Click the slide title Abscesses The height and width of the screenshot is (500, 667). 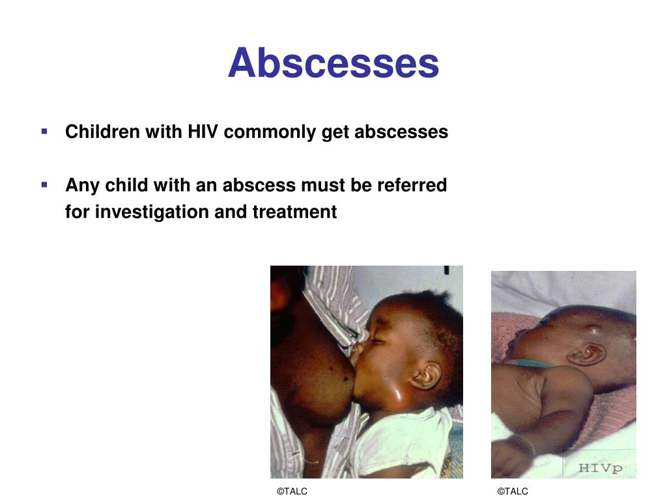[x=333, y=63]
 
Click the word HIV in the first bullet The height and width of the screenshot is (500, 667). [x=203, y=132]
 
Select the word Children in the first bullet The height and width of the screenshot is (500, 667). [x=102, y=132]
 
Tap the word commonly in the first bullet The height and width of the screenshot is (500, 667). [x=270, y=132]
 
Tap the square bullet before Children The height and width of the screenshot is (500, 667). [x=44, y=132]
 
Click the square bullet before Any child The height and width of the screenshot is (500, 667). [x=44, y=185]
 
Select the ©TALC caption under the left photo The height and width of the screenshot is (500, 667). [x=292, y=491]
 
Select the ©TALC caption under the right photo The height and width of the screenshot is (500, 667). [x=513, y=491]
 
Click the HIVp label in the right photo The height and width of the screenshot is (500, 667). [x=600, y=468]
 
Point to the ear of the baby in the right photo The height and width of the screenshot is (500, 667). [x=587, y=354]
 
